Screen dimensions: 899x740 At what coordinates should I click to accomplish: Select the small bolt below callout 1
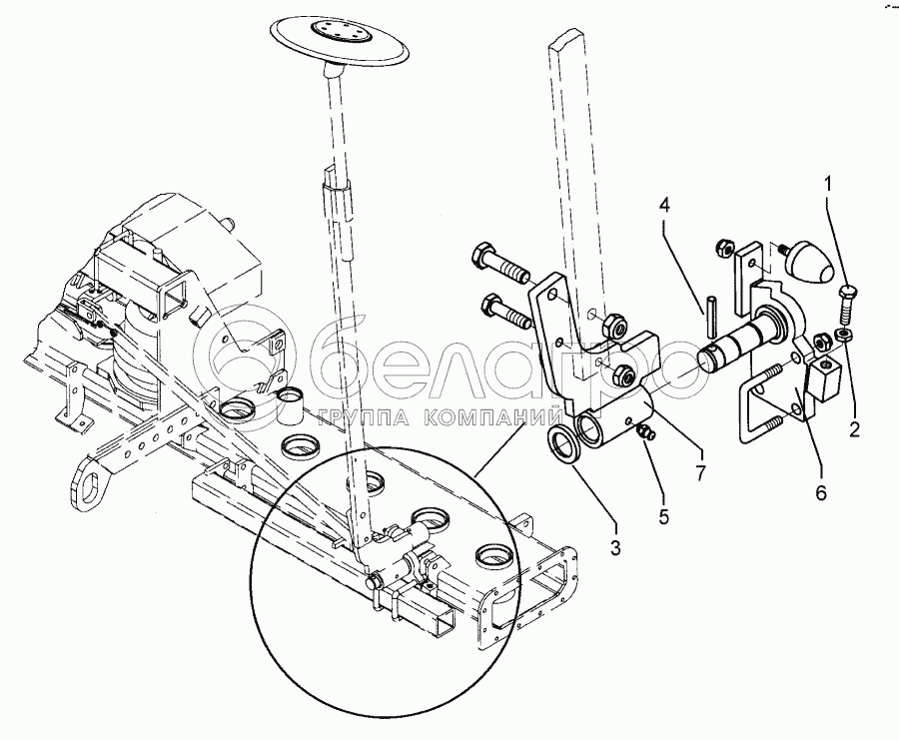[x=844, y=298]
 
